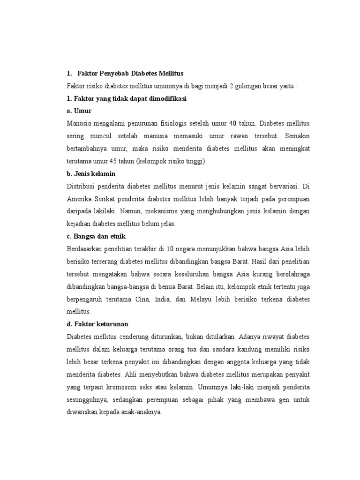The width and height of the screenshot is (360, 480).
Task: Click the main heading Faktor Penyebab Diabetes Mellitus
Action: [x=130, y=74]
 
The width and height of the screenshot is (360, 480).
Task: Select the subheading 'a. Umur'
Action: [x=79, y=111]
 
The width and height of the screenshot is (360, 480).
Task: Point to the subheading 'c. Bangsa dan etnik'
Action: [x=97, y=236]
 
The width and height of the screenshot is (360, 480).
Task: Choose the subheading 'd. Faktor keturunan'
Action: [x=98, y=324]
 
